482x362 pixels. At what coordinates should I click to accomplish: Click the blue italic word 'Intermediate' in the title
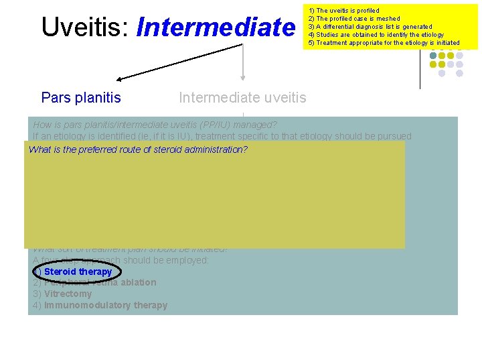[215, 27]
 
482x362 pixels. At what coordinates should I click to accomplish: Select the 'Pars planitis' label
[81, 98]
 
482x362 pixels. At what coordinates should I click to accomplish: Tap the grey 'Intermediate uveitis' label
[242, 98]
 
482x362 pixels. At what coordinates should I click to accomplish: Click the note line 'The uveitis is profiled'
[343, 11]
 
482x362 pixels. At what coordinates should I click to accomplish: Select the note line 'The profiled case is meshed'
[353, 19]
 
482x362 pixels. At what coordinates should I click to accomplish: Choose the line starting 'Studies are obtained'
[375, 35]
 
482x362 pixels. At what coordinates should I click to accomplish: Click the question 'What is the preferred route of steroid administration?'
[138, 149]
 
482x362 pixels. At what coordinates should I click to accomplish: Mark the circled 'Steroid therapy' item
[78, 271]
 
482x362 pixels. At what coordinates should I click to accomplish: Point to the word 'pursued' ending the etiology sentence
[394, 136]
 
